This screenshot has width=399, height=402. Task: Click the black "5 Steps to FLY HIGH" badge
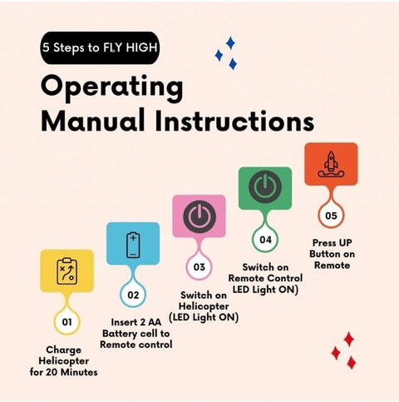pyautogui.click(x=100, y=47)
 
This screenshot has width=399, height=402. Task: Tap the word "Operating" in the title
pyautogui.click(x=111, y=88)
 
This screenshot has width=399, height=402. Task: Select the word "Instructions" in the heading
pyautogui.click(x=234, y=121)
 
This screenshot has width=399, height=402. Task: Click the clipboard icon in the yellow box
pyautogui.click(x=67, y=271)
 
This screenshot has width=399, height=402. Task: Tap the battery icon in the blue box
pyautogui.click(x=133, y=245)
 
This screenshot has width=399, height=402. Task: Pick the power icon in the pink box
pyautogui.click(x=199, y=216)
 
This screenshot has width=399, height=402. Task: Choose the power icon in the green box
pyautogui.click(x=265, y=186)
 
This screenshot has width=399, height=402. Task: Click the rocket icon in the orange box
pyautogui.click(x=331, y=164)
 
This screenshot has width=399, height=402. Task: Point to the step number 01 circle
pyautogui.click(x=66, y=322)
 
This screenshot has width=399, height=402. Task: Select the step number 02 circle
pyautogui.click(x=133, y=295)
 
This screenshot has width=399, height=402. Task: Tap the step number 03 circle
pyautogui.click(x=199, y=267)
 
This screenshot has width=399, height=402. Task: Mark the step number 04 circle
pyautogui.click(x=265, y=240)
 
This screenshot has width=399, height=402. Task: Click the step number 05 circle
pyautogui.click(x=331, y=216)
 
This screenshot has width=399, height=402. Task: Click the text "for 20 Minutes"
pyautogui.click(x=64, y=372)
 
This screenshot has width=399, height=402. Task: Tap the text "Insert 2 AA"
pyautogui.click(x=136, y=322)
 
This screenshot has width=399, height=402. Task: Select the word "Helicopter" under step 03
pyautogui.click(x=204, y=306)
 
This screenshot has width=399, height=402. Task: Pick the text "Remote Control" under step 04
pyautogui.click(x=265, y=278)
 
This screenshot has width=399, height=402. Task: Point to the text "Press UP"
pyautogui.click(x=332, y=243)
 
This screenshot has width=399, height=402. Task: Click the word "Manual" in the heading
pyautogui.click(x=93, y=121)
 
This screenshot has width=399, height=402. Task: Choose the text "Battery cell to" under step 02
pyautogui.click(x=136, y=334)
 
